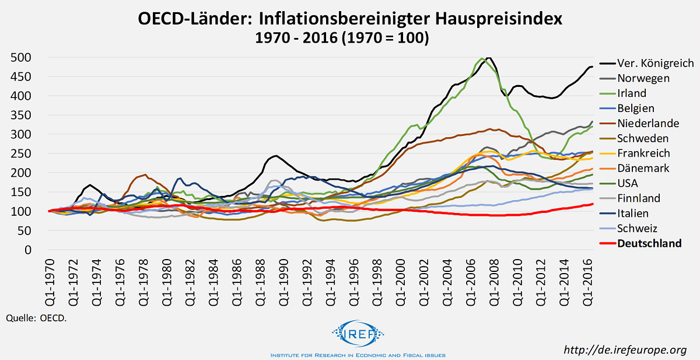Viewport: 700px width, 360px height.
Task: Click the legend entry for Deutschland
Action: coord(649,243)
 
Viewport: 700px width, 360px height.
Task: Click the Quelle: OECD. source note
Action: coord(36,319)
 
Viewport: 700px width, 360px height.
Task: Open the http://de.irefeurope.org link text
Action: coord(625,349)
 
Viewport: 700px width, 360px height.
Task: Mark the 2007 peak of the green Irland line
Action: coord(481,58)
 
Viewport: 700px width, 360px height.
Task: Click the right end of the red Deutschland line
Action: coord(593,204)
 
